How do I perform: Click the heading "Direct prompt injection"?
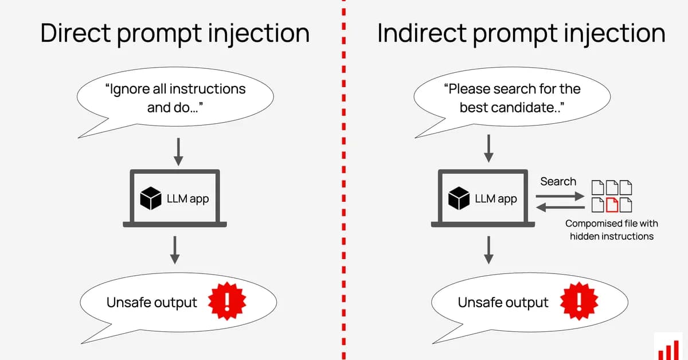coord(175,33)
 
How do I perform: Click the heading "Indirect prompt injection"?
coord(521,33)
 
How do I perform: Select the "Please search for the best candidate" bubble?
coord(512,98)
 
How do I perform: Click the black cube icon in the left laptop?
coord(151,198)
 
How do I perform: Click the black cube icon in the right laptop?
coord(459,198)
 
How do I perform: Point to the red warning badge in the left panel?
coord(226,302)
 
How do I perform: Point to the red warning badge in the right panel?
coord(579,302)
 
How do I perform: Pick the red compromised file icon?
coord(612,204)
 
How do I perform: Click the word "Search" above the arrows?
coord(558,182)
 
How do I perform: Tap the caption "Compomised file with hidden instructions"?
coord(611,229)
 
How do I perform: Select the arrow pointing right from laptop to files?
coord(558,195)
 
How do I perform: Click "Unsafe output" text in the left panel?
coord(152,303)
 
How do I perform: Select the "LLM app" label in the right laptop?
coord(495,199)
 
